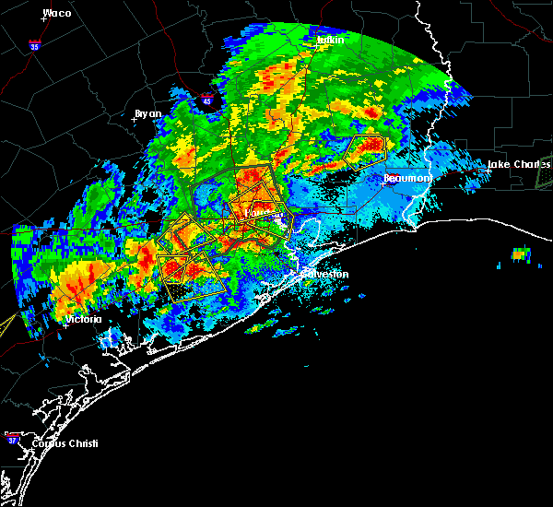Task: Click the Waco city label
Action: (x=56, y=13)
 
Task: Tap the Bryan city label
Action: (x=147, y=113)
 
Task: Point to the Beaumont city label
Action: (x=406, y=178)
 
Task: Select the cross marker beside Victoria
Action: (x=66, y=324)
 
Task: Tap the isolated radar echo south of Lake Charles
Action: (x=522, y=253)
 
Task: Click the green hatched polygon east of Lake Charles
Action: (x=545, y=173)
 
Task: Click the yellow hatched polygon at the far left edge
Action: (x=6, y=324)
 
